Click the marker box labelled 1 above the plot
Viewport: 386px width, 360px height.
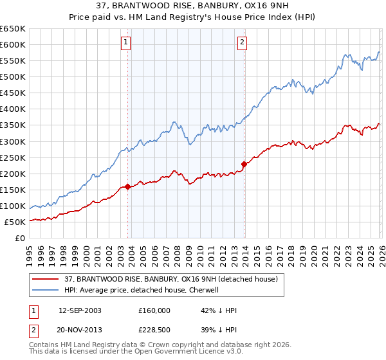click(x=125, y=43)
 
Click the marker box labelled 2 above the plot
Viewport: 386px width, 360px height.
click(x=242, y=43)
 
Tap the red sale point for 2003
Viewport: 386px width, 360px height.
click(x=127, y=186)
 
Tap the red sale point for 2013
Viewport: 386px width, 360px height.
click(x=244, y=165)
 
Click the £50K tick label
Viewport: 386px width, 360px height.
click(x=15, y=222)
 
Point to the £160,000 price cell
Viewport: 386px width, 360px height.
click(x=154, y=310)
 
